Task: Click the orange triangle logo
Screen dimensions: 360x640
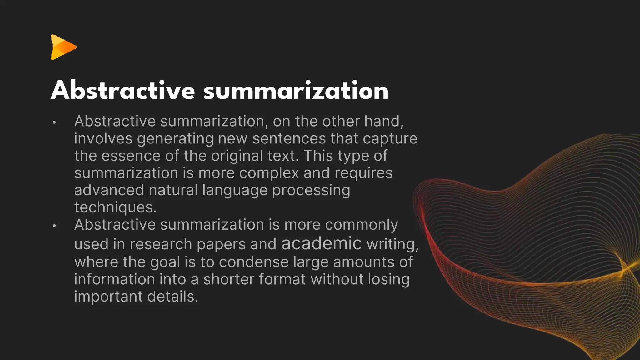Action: [x=63, y=47]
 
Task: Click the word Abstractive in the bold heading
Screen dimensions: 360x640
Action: [x=123, y=90]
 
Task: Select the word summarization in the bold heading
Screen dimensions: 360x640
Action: [x=296, y=90]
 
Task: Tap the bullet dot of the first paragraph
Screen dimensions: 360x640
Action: [x=54, y=122]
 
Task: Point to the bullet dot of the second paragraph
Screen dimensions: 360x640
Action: [x=54, y=226]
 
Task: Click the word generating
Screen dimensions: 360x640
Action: [x=175, y=139]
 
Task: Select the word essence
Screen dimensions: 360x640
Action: [x=131, y=156]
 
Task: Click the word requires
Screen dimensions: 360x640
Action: [x=363, y=173]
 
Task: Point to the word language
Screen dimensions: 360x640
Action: [x=235, y=190]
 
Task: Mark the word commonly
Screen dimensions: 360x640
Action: [x=361, y=225]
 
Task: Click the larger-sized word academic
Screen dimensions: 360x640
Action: [x=322, y=243]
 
